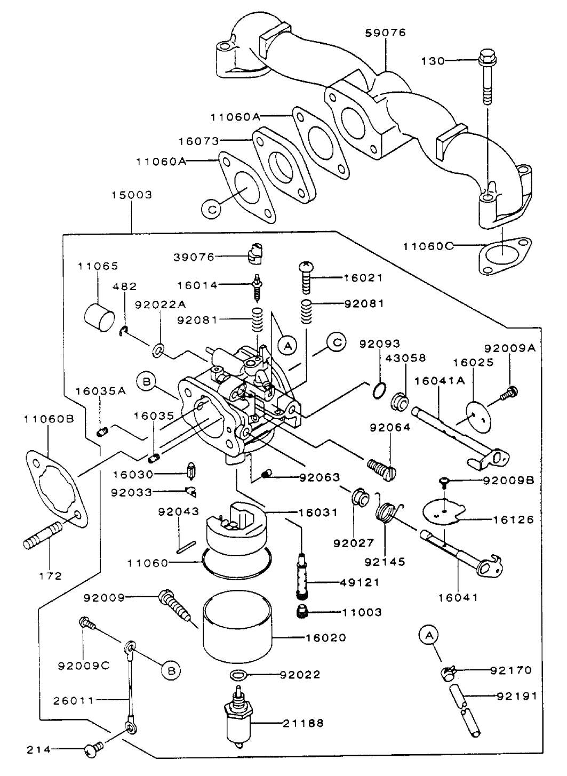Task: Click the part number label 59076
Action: point(385,33)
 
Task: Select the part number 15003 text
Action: point(132,195)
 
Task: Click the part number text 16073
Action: point(199,141)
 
